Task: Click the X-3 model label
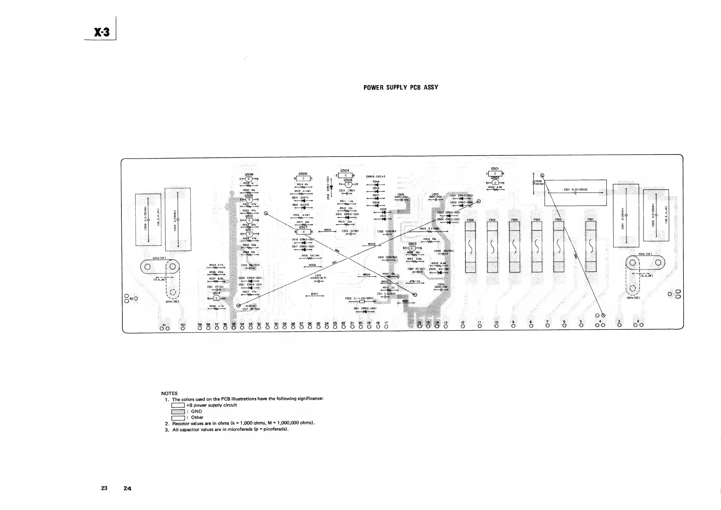[102, 32]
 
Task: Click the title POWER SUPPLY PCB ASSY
[401, 88]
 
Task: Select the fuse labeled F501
[591, 246]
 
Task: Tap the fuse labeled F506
[470, 247]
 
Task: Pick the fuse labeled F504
[514, 247]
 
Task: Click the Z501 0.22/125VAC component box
[575, 193]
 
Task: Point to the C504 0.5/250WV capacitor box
[148, 220]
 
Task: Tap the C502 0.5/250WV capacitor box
[656, 215]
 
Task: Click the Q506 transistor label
[303, 174]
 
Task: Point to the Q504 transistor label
[345, 171]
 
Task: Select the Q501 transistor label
[495, 169]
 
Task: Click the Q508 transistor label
[249, 174]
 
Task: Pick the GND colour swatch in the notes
[178, 411]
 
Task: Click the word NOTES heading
[169, 393]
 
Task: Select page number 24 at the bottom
[127, 488]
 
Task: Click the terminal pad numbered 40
[183, 329]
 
